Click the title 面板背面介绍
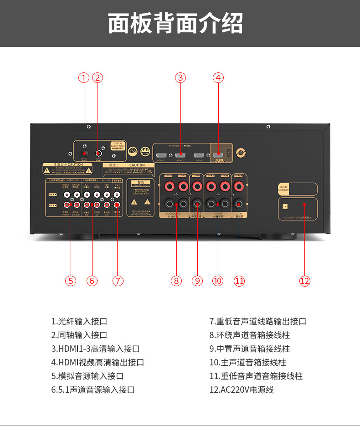(175, 23)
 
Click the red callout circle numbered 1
(83, 77)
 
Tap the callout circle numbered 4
(218, 77)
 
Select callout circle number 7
(118, 281)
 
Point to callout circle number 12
(304, 281)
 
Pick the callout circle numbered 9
(197, 281)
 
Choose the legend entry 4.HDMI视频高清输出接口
(98, 363)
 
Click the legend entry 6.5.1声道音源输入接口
(93, 390)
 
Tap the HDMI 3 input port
(199, 154)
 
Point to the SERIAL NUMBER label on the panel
(284, 189)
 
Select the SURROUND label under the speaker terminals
(173, 213)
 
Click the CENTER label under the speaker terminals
(196, 213)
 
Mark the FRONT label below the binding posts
(217, 213)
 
